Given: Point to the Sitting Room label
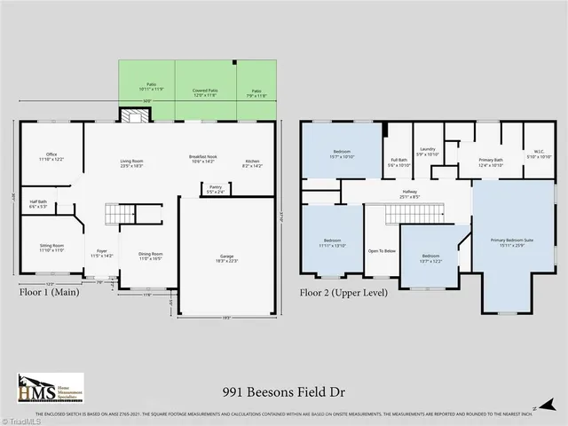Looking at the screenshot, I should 51,248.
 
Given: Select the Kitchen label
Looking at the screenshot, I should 253,160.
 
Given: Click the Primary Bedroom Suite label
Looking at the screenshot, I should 512,241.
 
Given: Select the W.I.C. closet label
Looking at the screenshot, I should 538,154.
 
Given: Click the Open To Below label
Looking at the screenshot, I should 382,251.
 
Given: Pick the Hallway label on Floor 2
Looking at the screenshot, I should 409,193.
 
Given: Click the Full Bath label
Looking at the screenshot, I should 398,162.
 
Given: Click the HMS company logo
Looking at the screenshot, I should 51,389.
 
